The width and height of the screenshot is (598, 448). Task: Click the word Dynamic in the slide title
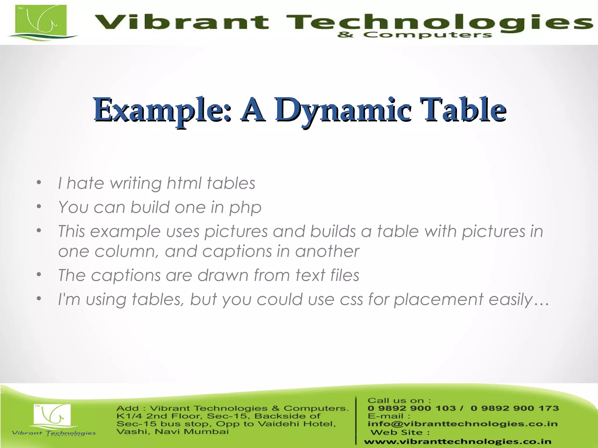[343, 110]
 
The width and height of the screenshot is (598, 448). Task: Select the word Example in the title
[162, 110]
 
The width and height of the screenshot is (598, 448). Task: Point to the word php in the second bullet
[245, 208]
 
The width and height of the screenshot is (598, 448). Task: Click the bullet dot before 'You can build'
[39, 207]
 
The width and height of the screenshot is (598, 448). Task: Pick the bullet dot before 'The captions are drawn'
[39, 275]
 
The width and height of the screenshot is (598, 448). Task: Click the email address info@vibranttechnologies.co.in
[463, 424]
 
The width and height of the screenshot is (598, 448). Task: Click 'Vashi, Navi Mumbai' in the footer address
[173, 432]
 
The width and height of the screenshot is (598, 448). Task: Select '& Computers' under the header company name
[415, 35]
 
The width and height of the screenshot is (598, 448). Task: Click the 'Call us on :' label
[399, 400]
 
